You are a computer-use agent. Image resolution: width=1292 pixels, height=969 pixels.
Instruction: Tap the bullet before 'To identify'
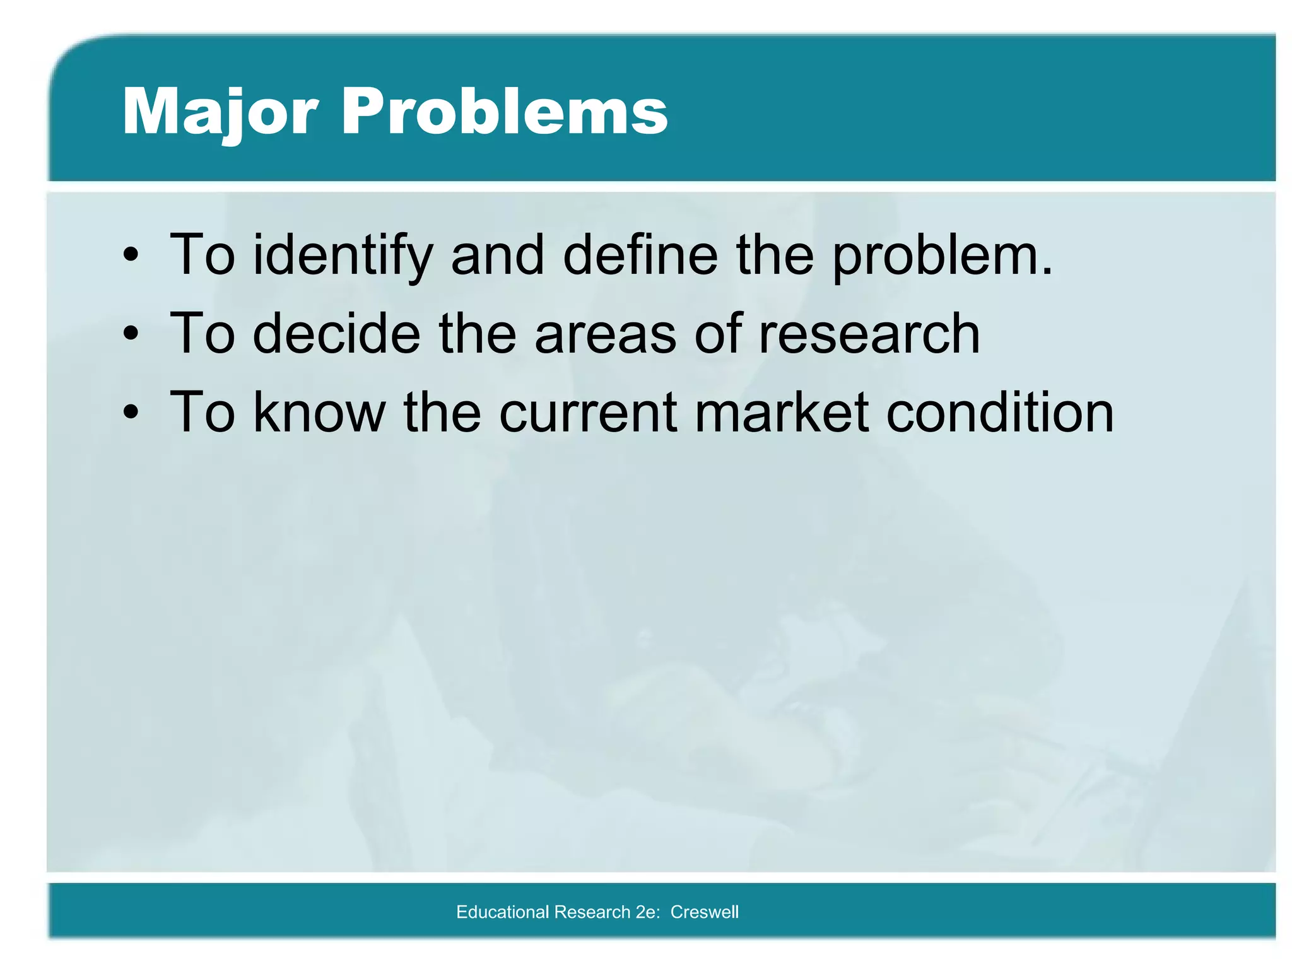click(131, 255)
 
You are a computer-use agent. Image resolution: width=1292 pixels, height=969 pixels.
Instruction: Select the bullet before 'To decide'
click(131, 334)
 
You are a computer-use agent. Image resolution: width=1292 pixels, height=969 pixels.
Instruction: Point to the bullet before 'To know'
click(131, 413)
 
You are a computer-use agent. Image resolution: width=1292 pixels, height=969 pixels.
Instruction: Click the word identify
click(343, 255)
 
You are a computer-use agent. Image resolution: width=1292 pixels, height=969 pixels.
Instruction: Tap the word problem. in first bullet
click(943, 255)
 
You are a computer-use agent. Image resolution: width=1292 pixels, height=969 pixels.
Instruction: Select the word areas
click(605, 334)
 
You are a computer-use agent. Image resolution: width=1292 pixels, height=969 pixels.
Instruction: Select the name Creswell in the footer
click(704, 912)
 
